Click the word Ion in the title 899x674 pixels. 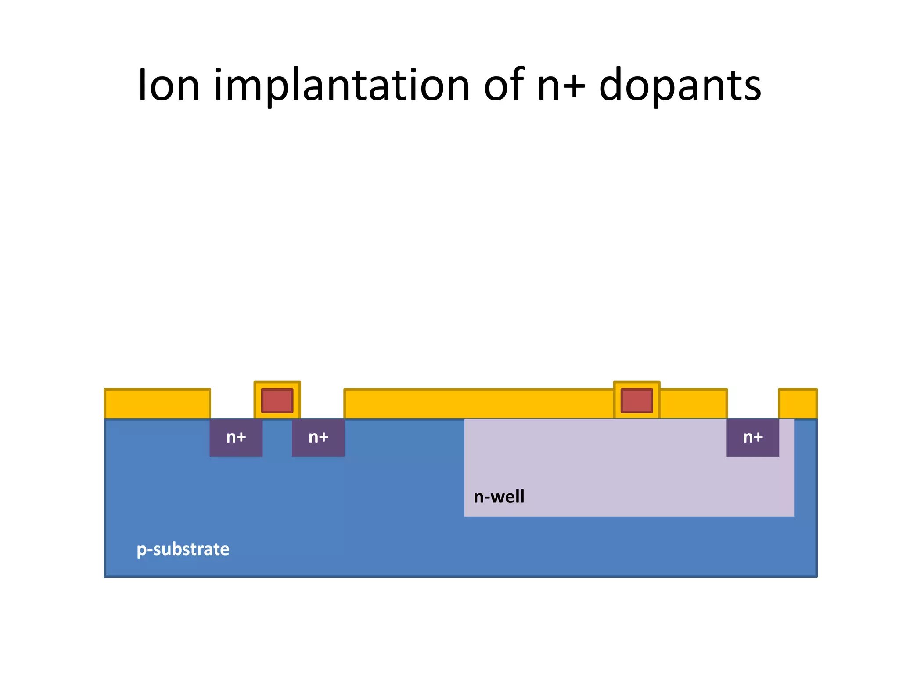point(169,86)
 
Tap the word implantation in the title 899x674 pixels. point(342,86)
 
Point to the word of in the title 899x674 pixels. point(503,86)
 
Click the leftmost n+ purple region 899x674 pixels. point(236,437)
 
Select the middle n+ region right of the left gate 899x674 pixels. point(318,437)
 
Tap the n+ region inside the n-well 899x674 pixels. point(753,437)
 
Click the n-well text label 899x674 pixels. point(499,497)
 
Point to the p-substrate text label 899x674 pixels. point(183,549)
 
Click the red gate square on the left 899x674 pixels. point(277,401)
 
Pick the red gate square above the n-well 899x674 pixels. point(636,401)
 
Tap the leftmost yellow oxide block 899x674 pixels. point(157,404)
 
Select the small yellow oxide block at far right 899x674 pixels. point(798,404)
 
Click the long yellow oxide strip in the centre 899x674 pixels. point(478,404)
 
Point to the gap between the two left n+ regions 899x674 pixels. point(277,437)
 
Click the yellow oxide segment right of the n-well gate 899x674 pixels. point(693,404)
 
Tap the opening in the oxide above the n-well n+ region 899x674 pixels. point(753,404)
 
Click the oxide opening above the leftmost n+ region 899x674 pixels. point(232,404)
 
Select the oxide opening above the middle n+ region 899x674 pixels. point(322,404)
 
